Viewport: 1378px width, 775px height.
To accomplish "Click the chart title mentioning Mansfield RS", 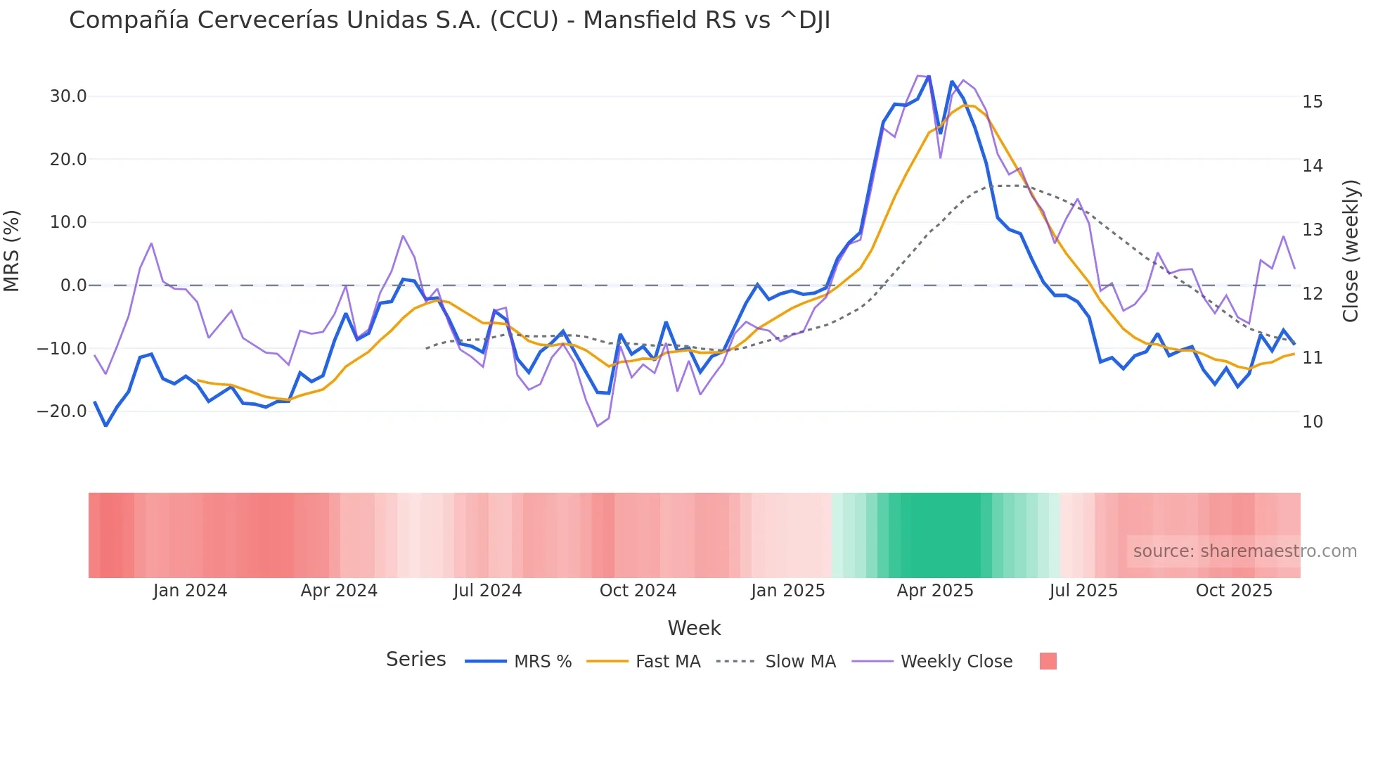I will (449, 20).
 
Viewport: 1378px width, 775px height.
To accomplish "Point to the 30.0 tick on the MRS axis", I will (68, 96).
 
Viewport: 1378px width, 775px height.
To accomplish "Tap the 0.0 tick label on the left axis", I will (73, 286).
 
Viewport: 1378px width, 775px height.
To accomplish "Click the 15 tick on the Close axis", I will (1312, 102).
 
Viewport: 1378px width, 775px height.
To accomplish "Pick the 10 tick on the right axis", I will (1312, 422).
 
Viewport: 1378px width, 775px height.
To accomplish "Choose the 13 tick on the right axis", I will (1312, 230).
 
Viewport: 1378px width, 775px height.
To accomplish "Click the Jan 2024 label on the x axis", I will (190, 591).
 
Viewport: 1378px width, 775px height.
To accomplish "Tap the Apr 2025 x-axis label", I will (934, 591).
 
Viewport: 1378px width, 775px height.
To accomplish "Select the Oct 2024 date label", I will (638, 591).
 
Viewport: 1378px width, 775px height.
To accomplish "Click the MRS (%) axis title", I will (12, 251).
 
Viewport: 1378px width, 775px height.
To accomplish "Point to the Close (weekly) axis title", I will (1350, 251).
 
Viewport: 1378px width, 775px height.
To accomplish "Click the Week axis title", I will (694, 628).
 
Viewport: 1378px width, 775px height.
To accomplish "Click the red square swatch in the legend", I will (1048, 661).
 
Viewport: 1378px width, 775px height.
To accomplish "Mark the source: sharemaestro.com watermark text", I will (1244, 551).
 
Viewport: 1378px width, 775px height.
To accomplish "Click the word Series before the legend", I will (416, 660).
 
